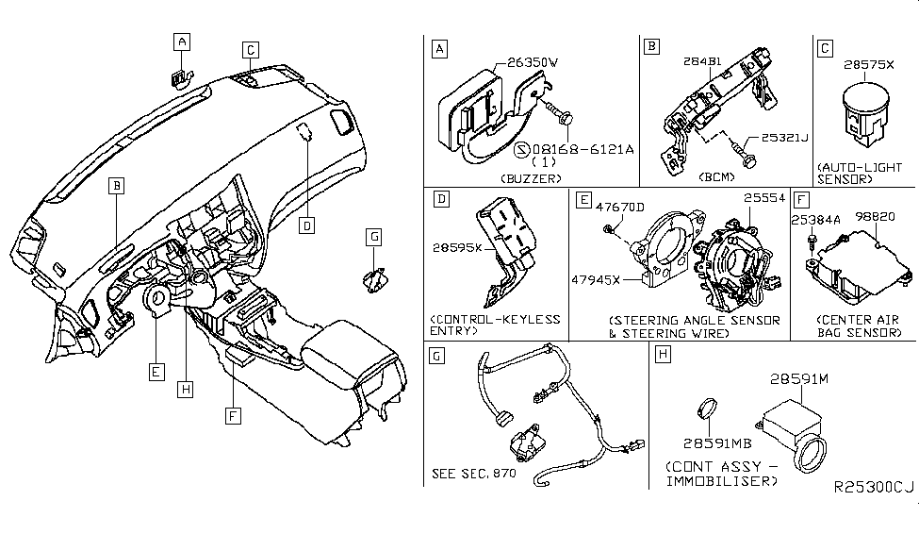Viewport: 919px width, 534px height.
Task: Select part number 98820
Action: tap(876, 216)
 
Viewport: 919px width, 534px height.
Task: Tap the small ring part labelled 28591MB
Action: tap(709, 410)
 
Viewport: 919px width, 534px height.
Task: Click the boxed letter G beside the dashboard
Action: tap(374, 235)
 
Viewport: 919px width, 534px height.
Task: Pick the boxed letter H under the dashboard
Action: tap(187, 388)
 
